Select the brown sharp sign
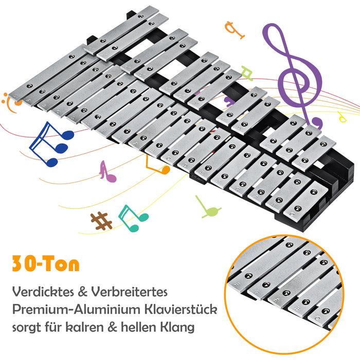101,220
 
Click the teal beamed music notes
132,218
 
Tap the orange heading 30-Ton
46,264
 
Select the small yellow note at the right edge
343,117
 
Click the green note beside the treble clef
247,75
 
